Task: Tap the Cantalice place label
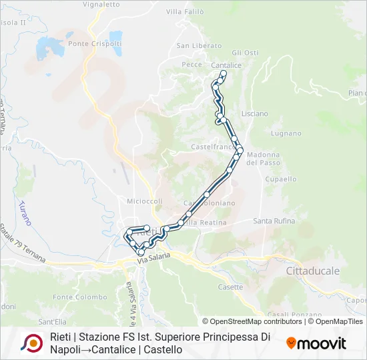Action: [226, 65]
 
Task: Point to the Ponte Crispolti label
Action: [88, 44]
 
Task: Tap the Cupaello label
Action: [281, 179]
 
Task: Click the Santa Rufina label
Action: [273, 221]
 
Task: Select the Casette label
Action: [230, 287]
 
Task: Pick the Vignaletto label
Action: [101, 4]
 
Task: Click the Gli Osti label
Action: [245, 53]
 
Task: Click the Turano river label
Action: [25, 212]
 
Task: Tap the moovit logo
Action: [316, 343]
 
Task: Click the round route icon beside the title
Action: [31, 343]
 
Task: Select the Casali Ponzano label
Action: [286, 315]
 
